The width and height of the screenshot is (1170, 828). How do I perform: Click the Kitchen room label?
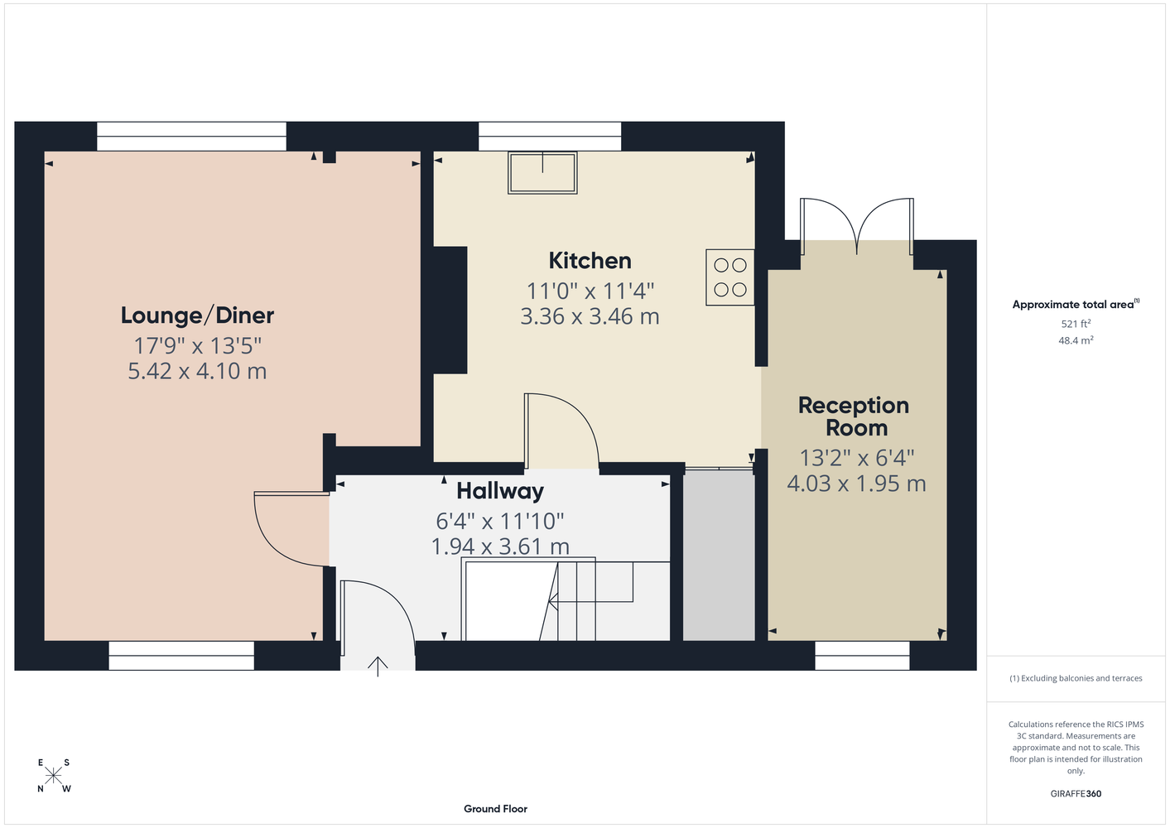[590, 261]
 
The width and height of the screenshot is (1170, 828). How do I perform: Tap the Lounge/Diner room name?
[197, 315]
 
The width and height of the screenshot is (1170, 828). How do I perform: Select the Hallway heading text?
[500, 491]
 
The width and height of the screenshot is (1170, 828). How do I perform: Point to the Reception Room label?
[854, 416]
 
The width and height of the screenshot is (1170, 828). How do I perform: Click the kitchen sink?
[542, 173]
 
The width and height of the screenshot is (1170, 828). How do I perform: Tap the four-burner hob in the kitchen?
[729, 277]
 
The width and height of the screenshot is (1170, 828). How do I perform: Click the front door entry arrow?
[378, 666]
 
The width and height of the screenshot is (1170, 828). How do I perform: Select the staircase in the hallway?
[566, 599]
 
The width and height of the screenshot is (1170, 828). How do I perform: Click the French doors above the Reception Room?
[857, 226]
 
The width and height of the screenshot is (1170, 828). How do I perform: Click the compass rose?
[53, 776]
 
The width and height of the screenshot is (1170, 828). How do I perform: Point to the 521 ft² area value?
[1076, 324]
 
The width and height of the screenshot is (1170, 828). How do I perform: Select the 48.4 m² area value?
[1076, 340]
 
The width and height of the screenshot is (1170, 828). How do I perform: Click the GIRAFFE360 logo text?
[1076, 793]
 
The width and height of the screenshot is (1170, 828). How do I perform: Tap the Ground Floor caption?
[495, 809]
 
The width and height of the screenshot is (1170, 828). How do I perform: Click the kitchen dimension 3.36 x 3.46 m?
[590, 316]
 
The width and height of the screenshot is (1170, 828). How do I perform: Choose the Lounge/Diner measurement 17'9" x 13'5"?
[197, 346]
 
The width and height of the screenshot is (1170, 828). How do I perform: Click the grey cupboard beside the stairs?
[719, 556]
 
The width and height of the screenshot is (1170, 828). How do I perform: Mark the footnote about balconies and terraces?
[1076, 678]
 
